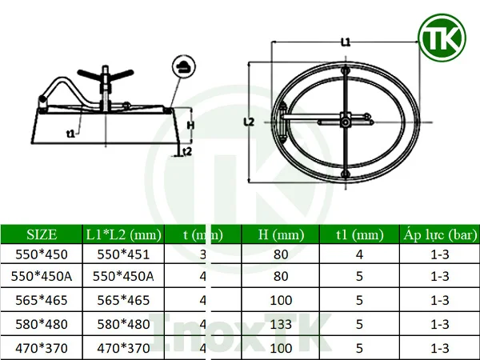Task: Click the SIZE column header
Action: pos(42,234)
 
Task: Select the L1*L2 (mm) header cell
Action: pos(123,234)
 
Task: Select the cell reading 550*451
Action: pos(123,255)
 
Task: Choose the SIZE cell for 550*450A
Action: pos(42,278)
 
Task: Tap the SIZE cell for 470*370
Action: pos(42,349)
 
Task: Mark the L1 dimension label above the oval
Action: pos(346,42)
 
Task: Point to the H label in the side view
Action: pos(190,124)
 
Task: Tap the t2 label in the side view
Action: pos(187,150)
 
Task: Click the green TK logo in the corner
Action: pos(442,38)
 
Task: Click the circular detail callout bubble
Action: pos(182,66)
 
